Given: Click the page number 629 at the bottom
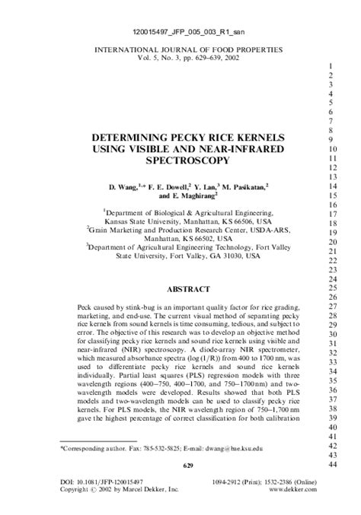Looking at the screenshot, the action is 180,464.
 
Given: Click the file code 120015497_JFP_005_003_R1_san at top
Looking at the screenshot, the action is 180,31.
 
